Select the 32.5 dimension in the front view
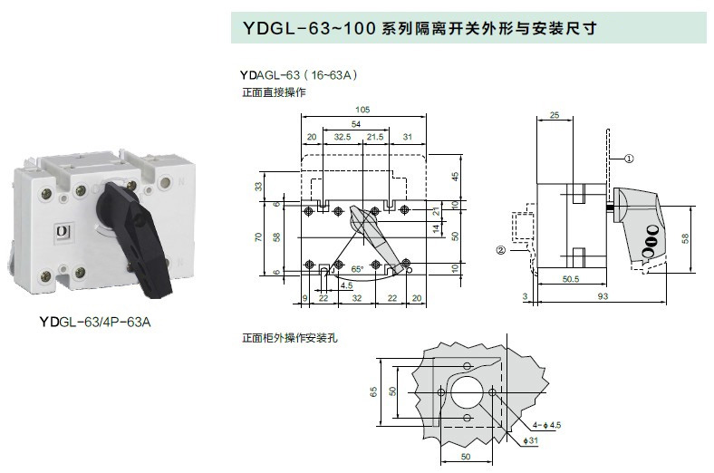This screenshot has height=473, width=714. point(342,136)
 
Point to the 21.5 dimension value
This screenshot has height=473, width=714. point(375,136)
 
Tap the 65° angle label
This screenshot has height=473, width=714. point(357,269)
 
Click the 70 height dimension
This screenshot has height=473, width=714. point(259,237)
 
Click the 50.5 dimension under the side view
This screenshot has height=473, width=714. point(571,280)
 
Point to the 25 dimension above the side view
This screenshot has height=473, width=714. point(555,115)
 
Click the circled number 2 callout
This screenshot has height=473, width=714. point(499,249)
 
